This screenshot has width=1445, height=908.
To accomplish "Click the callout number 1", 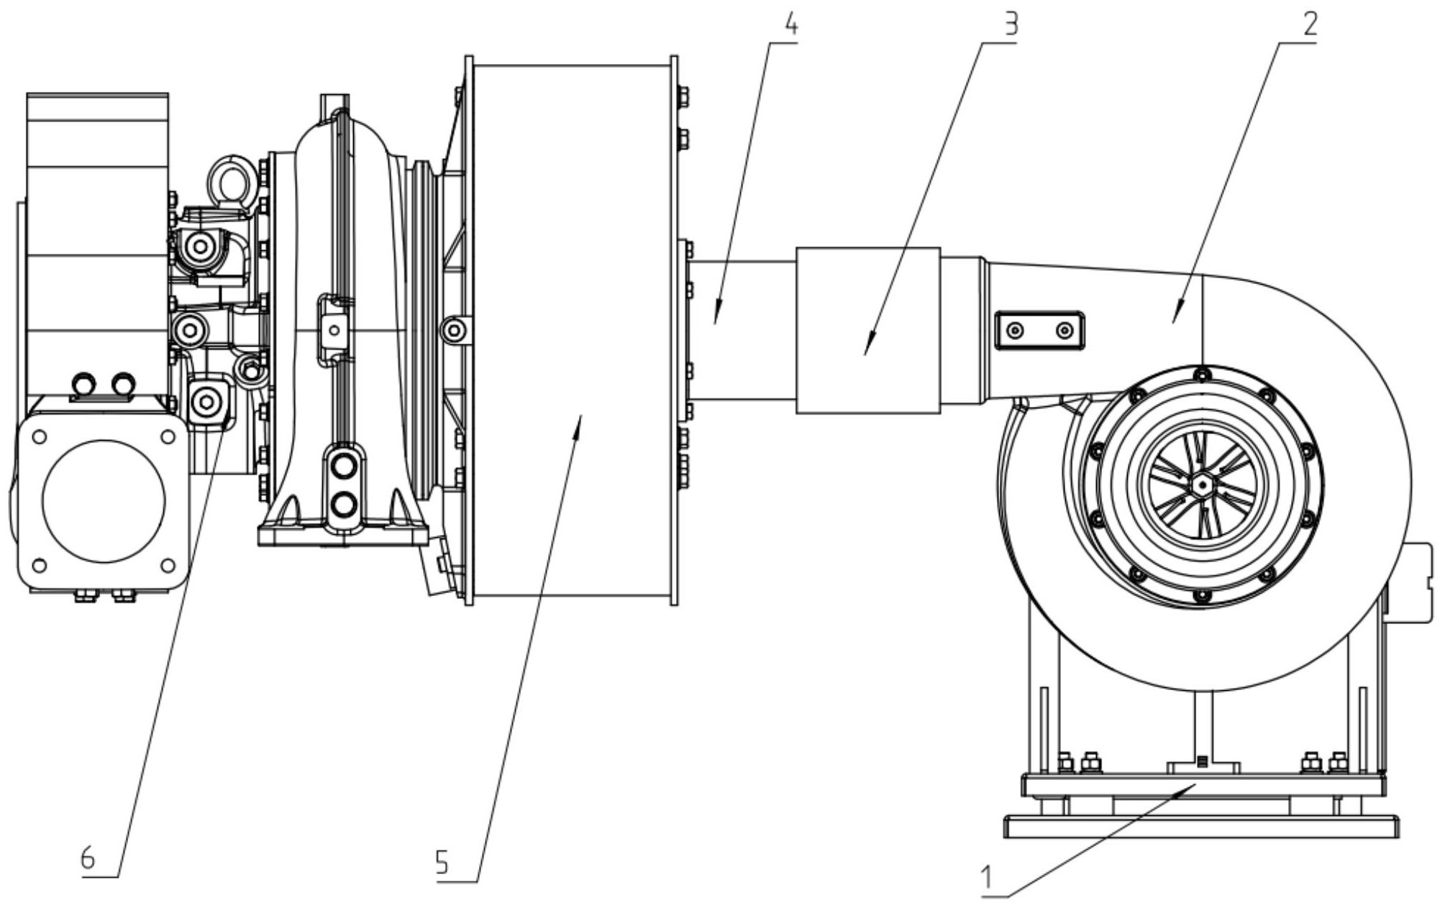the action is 988,878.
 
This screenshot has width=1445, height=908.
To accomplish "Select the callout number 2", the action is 1310,25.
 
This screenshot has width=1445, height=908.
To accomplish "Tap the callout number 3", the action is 1011,25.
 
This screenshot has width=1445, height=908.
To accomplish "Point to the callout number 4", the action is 790,25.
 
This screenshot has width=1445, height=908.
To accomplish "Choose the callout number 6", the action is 88,858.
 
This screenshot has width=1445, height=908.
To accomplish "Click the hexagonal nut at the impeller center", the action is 1201,486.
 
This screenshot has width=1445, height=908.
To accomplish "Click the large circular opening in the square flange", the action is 104,501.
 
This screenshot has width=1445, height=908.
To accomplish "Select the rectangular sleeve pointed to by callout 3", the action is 868,331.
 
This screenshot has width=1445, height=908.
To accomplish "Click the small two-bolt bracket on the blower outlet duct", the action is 1039,331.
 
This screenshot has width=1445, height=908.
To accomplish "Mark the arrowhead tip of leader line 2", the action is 1173,324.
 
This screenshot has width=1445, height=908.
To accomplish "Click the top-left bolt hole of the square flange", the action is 40,436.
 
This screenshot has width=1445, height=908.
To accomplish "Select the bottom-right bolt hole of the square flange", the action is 168,565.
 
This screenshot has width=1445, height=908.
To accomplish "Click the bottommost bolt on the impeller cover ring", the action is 1200,597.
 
